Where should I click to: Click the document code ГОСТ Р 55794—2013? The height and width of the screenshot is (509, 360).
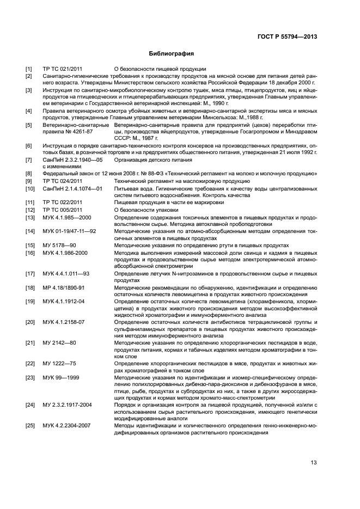288,37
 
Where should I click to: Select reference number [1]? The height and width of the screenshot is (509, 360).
29,69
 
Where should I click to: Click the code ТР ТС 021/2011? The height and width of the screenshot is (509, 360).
63,69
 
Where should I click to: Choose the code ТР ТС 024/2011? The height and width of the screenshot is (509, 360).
63,181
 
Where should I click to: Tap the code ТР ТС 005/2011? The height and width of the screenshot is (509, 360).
63,210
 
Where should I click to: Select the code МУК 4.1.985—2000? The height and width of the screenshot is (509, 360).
66,217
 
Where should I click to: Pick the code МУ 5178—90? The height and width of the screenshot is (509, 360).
59,246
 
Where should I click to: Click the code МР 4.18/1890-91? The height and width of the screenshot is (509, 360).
64,287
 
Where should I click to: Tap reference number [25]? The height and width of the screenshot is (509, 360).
30,426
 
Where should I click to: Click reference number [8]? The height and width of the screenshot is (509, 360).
29,174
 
